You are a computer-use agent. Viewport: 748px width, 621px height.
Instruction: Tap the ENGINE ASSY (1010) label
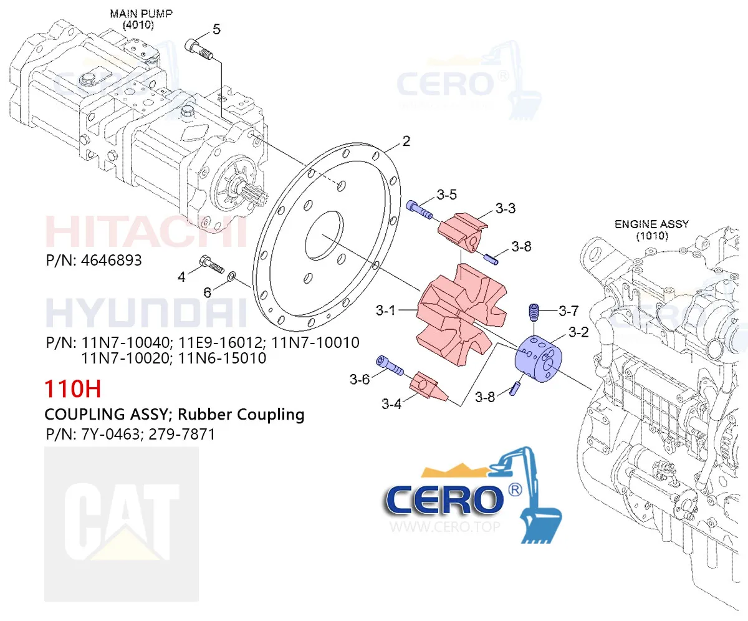click(x=651, y=230)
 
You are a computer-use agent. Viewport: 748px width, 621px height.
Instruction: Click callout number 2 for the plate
click(x=406, y=142)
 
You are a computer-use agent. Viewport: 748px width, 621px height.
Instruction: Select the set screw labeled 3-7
click(x=533, y=310)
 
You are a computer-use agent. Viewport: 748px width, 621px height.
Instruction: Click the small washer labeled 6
click(x=232, y=276)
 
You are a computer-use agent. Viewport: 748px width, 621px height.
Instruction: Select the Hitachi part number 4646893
click(x=110, y=260)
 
